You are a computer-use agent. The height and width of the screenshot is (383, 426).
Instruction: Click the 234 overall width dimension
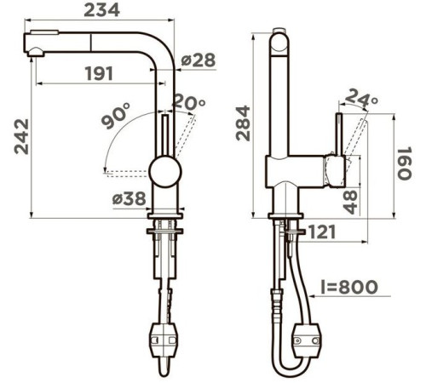[101, 10]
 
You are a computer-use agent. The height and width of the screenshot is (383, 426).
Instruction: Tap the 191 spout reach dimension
[99, 73]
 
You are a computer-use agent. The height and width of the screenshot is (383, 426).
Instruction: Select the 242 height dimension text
[21, 136]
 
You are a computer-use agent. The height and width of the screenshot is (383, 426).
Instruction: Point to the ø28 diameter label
[199, 60]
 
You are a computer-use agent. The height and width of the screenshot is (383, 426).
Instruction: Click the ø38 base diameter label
[130, 198]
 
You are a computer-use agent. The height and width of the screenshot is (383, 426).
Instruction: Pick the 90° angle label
[116, 116]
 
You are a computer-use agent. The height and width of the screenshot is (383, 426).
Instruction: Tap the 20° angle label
[189, 102]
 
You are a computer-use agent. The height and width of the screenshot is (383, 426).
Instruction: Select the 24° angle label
[361, 98]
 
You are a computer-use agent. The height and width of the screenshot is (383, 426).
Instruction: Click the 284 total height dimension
[243, 123]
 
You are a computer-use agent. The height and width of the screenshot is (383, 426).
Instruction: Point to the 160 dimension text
[404, 163]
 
